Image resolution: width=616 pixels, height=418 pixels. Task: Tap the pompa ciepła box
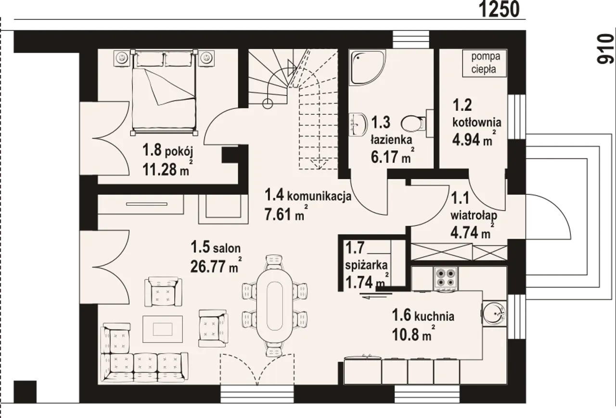[x=485, y=63]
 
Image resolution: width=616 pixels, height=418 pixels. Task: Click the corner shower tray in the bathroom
[x=367, y=67]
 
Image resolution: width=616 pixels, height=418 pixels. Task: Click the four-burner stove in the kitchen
[x=446, y=278]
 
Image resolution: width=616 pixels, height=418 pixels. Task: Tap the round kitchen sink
[x=494, y=313]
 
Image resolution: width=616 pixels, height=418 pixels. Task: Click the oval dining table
[x=274, y=306]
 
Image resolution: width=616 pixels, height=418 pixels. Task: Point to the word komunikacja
[x=319, y=196]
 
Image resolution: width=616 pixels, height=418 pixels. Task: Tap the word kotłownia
[x=477, y=122]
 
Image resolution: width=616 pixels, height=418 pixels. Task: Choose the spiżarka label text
[x=366, y=265]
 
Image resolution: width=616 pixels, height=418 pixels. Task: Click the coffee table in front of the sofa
[x=163, y=329]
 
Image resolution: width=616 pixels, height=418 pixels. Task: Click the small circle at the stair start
[x=268, y=104]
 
